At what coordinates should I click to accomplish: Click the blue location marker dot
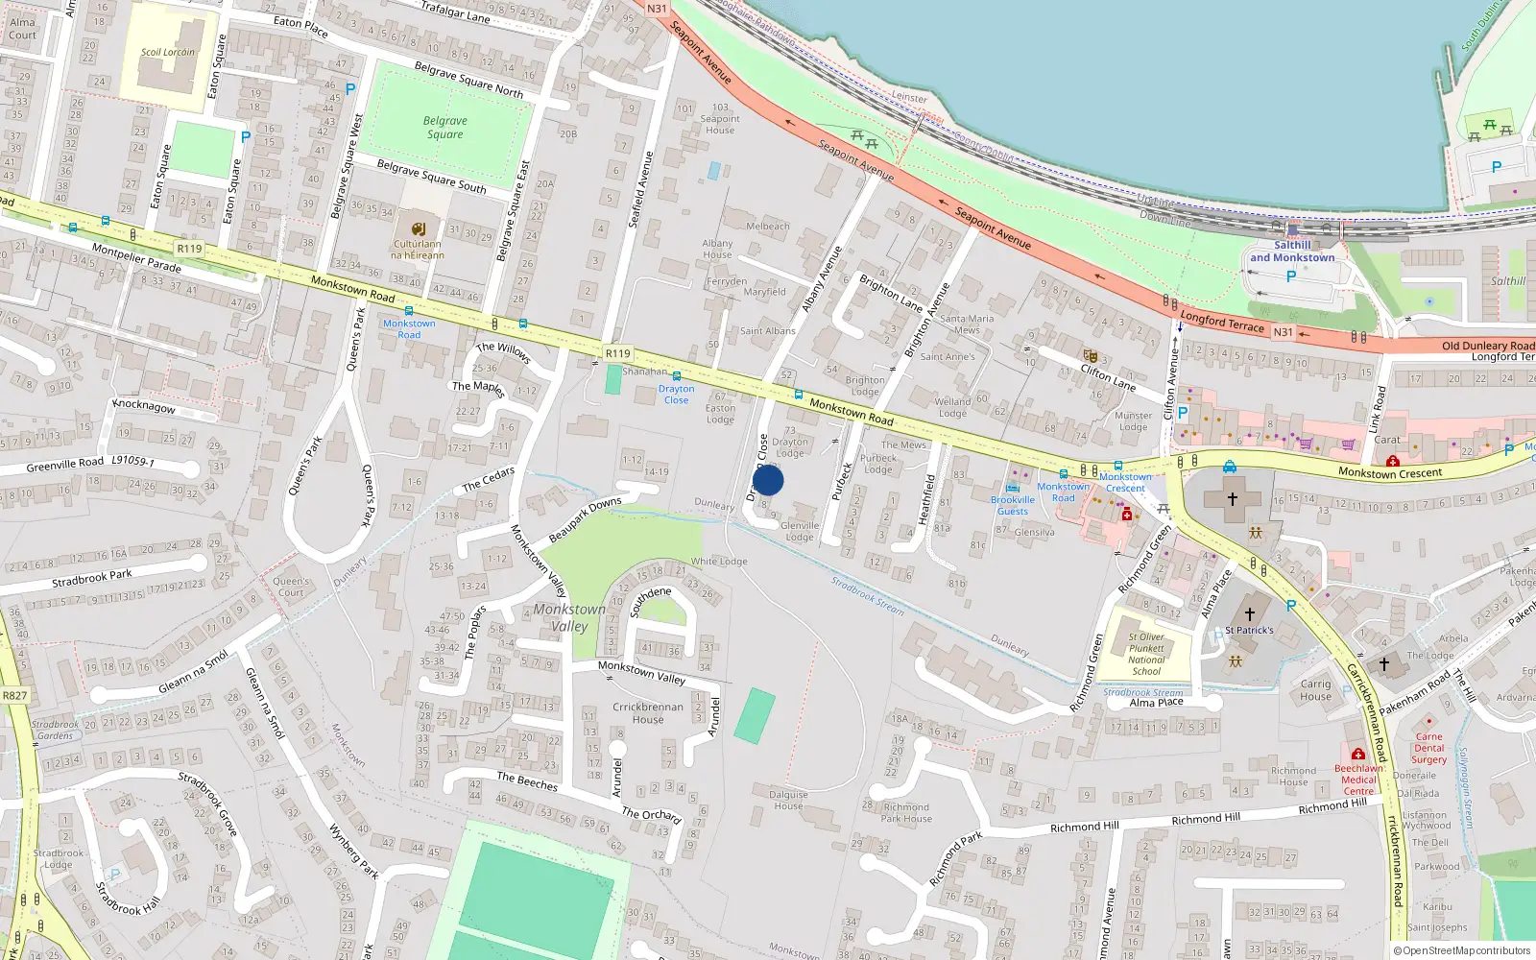768,480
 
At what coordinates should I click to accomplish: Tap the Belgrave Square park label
445,128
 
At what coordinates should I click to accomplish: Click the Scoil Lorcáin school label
168,53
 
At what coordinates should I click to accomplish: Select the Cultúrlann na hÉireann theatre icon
419,229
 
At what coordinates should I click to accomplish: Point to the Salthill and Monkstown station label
1292,252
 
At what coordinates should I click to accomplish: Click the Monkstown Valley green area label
569,617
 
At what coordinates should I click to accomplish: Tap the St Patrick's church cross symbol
1249,613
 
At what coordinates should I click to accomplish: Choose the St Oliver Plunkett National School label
1146,654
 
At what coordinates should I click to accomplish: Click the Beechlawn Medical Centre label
1358,780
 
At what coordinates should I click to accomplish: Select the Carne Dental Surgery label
1428,748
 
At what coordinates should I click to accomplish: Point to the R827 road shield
15,695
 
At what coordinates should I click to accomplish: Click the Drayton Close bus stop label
676,394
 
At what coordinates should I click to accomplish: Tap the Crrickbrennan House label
648,712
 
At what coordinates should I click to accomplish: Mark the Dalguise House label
788,800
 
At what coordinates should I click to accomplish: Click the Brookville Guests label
1013,505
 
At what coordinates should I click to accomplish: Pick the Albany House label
717,249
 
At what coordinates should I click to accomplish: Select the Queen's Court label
291,587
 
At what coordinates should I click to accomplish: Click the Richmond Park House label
906,813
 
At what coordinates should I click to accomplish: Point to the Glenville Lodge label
800,531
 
